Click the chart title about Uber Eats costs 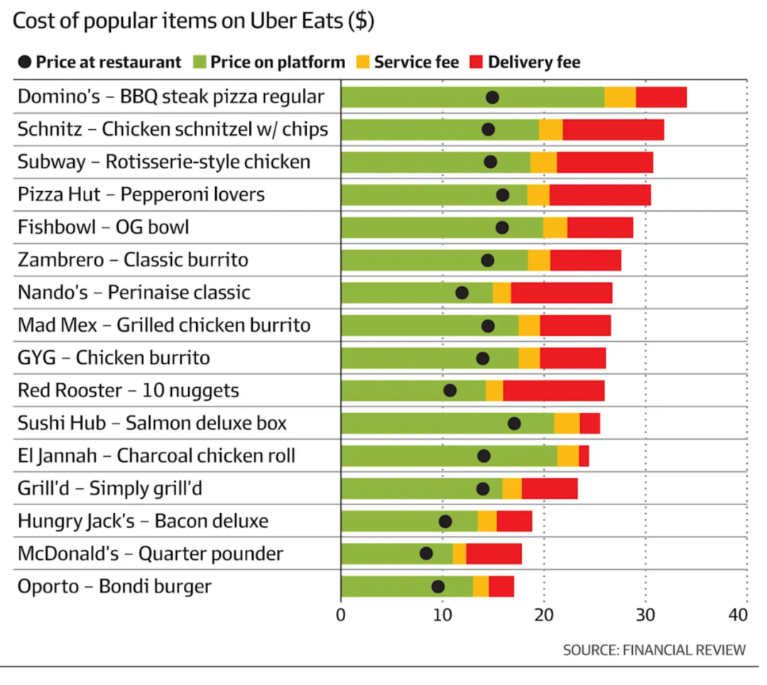click(193, 21)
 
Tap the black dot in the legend click(25, 63)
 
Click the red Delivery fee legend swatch click(474, 63)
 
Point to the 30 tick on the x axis click(646, 615)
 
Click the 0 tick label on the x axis click(342, 615)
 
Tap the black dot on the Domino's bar click(492, 97)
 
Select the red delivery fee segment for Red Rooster click(554, 391)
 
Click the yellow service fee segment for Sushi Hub click(567, 424)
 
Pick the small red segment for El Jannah click(584, 456)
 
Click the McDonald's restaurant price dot click(426, 554)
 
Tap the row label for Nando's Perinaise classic click(134, 293)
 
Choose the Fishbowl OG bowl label click(104, 227)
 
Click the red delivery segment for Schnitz click(613, 130)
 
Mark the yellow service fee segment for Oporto click(481, 586)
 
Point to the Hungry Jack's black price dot click(445, 522)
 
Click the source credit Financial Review click(654, 649)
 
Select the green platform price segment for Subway click(435, 162)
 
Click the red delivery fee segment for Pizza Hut click(600, 195)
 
